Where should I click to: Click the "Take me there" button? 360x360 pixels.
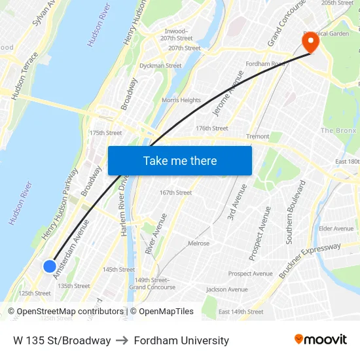(180, 160)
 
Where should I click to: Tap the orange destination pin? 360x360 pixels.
(309, 43)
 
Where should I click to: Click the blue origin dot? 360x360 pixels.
(50, 266)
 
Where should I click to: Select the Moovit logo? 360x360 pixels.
(320, 340)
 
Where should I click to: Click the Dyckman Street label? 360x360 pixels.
(160, 65)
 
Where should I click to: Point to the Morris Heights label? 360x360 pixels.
(181, 100)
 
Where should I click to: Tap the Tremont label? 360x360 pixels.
(257, 137)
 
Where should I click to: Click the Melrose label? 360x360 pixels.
(199, 243)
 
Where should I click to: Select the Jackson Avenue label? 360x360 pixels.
(227, 289)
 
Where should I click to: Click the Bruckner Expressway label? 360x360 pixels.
(310, 261)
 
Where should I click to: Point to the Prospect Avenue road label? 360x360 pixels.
(260, 233)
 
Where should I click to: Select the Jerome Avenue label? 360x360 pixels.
(228, 92)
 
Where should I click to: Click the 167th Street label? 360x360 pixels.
(176, 192)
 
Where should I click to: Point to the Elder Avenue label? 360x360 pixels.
(336, 228)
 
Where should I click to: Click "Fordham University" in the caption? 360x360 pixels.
(181, 340)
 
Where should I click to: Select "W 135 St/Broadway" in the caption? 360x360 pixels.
(62, 340)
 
